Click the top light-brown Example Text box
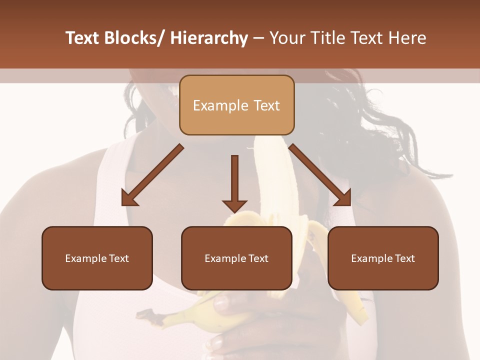(236, 105)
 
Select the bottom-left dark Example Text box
(97, 258)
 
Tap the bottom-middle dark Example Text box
(236, 258)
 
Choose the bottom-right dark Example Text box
(383, 258)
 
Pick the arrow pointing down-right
(320, 175)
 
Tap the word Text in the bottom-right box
(404, 258)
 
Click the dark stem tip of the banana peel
(142, 313)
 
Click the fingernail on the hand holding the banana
(220, 302)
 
